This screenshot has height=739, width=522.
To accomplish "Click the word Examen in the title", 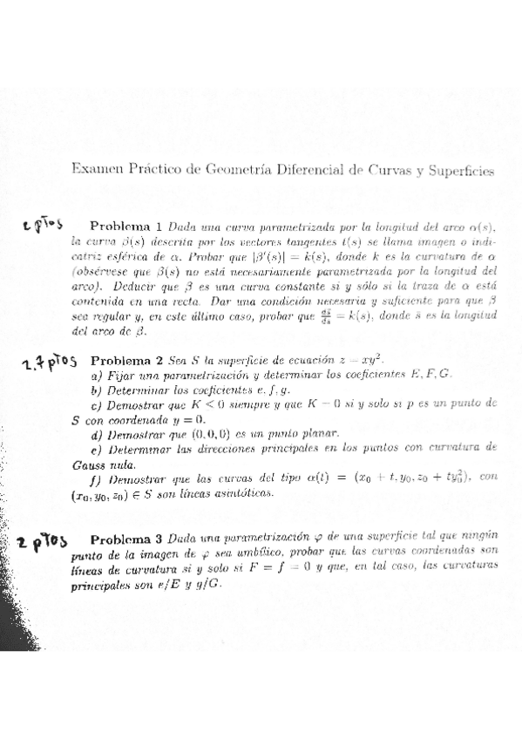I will tap(93, 171).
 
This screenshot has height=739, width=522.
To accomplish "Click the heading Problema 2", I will tap(127, 360).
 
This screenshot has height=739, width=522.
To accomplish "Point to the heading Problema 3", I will tap(127, 539).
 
